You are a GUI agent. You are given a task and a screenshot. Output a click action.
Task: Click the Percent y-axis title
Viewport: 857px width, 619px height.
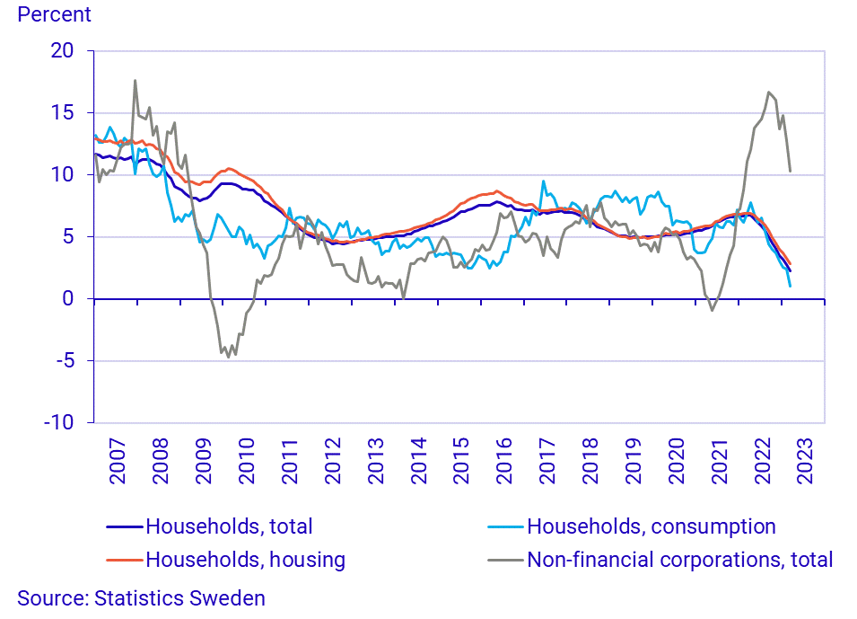[x=55, y=14]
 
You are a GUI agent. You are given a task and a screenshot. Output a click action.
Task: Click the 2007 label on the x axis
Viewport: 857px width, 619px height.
[x=118, y=461]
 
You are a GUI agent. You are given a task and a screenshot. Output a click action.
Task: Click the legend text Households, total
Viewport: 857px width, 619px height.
[x=229, y=526]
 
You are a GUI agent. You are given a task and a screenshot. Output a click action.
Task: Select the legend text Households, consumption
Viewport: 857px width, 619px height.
[x=651, y=526]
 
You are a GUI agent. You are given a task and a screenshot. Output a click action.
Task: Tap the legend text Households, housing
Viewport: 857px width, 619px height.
[x=245, y=560]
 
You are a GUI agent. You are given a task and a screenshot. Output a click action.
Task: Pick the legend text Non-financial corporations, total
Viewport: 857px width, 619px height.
[x=680, y=560]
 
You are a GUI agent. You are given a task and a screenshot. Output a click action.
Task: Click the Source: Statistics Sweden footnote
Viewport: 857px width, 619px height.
[x=141, y=598]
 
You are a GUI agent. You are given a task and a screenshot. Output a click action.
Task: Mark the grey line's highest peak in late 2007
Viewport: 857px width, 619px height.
[x=136, y=80]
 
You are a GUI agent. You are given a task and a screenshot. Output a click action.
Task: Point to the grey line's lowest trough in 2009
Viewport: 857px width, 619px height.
[x=228, y=357]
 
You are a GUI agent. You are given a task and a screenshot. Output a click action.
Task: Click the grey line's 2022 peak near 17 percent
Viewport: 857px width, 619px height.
[x=769, y=92]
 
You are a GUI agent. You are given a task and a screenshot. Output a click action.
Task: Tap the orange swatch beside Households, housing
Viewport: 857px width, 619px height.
[x=125, y=560]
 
